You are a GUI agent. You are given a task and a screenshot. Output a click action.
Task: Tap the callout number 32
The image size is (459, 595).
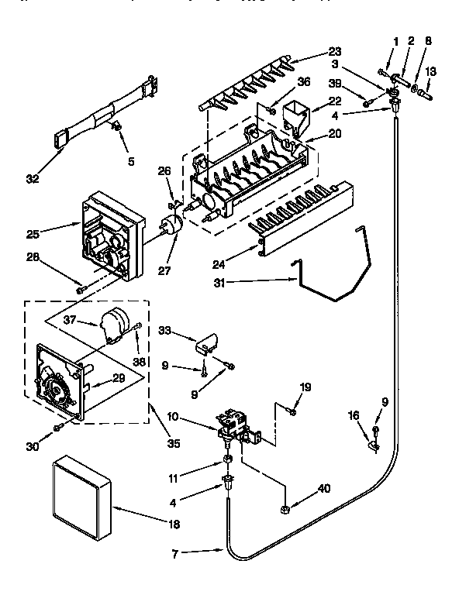point(33,180)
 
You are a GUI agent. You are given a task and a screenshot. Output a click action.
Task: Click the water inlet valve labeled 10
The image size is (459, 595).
point(233,423)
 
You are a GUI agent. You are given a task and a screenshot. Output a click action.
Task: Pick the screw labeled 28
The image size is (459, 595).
point(80,290)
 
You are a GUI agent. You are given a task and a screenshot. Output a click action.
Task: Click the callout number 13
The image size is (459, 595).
point(431,71)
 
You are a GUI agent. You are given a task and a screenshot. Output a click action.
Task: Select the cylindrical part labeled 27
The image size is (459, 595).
point(171,226)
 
